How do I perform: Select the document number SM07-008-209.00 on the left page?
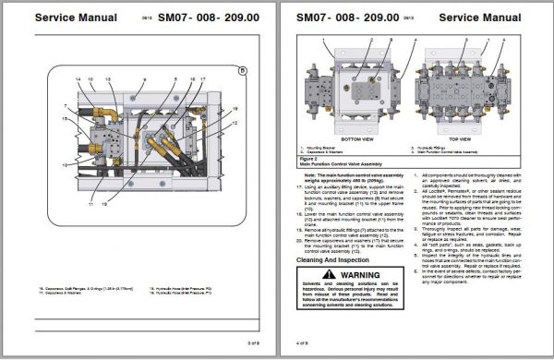210,18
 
